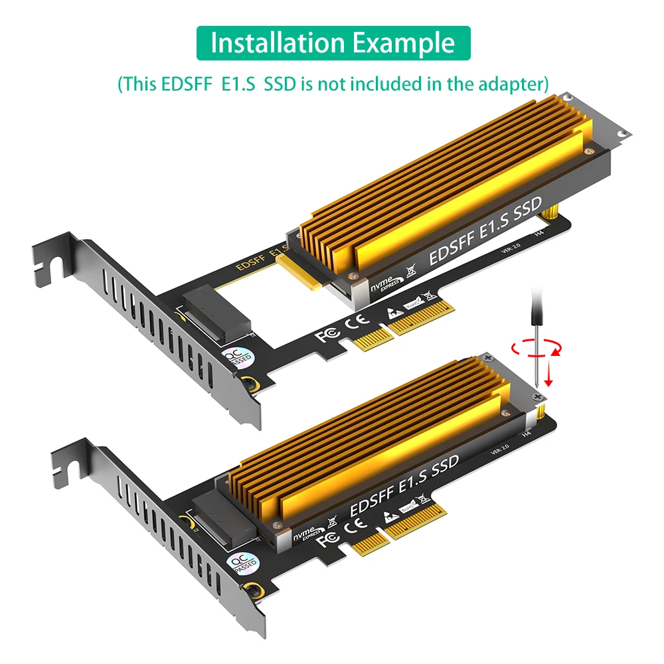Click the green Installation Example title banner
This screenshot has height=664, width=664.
[333, 43]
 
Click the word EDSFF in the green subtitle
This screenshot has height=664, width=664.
[181, 84]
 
